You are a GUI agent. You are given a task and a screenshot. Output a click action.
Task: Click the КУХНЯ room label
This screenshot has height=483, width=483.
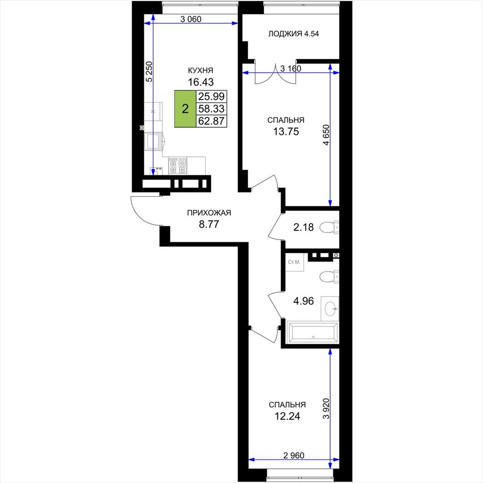(x=200, y=71)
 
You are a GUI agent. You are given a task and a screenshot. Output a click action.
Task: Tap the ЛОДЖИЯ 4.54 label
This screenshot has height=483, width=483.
(x=293, y=34)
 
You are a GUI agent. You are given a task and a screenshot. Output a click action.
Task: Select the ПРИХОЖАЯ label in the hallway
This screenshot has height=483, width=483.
(x=209, y=213)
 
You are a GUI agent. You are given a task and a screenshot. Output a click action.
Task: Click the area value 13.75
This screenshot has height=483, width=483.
(x=286, y=132)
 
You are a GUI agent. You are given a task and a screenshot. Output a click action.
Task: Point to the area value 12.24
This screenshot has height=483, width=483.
(x=287, y=416)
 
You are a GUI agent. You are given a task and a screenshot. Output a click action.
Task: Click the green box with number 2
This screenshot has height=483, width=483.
(x=185, y=109)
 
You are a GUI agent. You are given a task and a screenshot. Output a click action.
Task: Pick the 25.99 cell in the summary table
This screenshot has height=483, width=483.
(x=211, y=96)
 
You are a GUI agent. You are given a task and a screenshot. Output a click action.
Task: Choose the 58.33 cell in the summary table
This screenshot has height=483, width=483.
(x=211, y=109)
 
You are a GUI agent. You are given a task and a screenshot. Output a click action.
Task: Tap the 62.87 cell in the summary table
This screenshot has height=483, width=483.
(x=211, y=121)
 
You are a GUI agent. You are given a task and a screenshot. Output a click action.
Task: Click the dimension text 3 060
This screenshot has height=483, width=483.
(x=191, y=19)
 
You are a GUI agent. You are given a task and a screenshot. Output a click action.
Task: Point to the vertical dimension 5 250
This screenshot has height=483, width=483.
(x=149, y=72)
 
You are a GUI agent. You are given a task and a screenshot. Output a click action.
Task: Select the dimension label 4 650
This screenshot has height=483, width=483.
(x=326, y=134)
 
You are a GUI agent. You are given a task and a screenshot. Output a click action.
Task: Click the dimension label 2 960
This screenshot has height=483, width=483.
(x=293, y=455)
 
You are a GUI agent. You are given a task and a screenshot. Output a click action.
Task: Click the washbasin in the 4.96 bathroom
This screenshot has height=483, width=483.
(x=330, y=308)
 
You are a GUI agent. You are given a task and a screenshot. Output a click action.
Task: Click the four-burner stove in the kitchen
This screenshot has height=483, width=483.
(x=178, y=166)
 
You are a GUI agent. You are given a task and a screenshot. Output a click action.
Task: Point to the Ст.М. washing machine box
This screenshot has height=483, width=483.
(x=294, y=262)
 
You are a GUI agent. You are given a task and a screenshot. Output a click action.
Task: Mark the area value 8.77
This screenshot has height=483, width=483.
(x=209, y=224)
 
